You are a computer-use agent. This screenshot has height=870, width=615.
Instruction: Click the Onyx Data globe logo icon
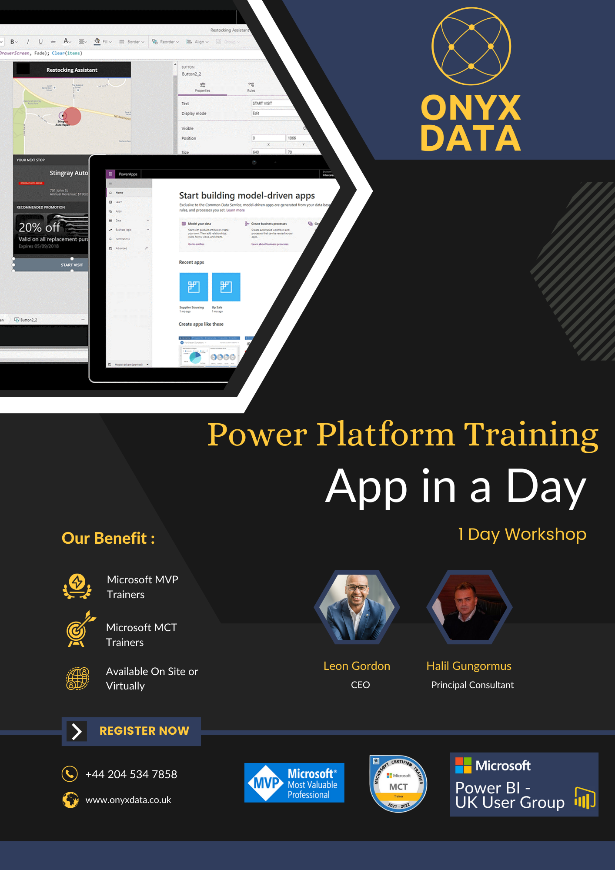[x=471, y=46]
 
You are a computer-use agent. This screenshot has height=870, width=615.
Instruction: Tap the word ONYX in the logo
[x=471, y=108]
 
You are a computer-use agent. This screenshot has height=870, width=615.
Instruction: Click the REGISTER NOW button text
[x=144, y=731]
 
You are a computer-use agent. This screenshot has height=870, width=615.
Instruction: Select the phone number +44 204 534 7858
[x=131, y=774]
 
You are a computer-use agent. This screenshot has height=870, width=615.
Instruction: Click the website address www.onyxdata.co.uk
[x=128, y=800]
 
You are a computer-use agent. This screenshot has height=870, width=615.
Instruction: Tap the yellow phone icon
[x=70, y=774]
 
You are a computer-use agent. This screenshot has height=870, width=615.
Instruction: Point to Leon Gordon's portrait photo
[x=357, y=607]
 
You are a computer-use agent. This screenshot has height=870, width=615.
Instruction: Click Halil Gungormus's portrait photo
[x=469, y=607]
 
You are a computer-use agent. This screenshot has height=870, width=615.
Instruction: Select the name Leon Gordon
[x=357, y=666]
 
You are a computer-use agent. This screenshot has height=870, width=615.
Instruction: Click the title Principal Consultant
[x=472, y=685]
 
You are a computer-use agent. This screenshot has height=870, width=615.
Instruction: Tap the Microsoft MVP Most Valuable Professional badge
[x=294, y=783]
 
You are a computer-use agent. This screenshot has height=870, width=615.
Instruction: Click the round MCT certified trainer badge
[x=398, y=783]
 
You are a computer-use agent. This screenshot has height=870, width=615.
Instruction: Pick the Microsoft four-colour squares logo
[x=463, y=766]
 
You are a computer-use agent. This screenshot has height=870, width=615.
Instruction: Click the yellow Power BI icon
[x=585, y=798]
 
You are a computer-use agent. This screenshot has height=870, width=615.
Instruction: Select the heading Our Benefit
[x=108, y=539]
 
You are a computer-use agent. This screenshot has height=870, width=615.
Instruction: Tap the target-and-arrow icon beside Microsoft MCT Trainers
[x=79, y=629]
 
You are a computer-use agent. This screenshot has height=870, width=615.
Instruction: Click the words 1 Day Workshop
[x=522, y=534]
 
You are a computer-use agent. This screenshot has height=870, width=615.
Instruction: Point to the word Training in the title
[x=531, y=435]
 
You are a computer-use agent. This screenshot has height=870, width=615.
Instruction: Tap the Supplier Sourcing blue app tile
[x=194, y=287]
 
